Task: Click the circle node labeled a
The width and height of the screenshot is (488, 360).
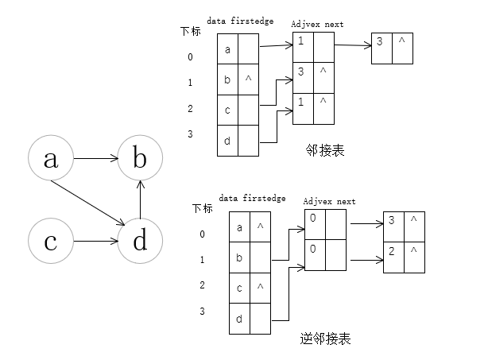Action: pos(50,159)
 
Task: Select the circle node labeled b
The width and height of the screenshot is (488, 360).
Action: pos(140,159)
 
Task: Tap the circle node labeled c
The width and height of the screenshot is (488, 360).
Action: pos(50,241)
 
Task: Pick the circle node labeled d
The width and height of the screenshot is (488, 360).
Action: pos(140,241)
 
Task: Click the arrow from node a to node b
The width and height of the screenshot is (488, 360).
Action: pos(95,159)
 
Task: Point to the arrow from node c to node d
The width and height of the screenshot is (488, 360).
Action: pos(95,241)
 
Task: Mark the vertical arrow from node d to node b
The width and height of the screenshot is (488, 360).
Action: pos(140,199)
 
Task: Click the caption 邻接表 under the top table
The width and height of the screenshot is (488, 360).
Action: pos(324,149)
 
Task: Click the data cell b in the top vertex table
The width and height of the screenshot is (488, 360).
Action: pos(228,79)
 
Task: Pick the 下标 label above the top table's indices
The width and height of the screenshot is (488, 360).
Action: pos(190,31)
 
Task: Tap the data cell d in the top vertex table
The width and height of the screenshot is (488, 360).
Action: pos(228,140)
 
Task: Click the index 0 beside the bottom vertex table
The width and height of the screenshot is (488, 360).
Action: pos(202,234)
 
